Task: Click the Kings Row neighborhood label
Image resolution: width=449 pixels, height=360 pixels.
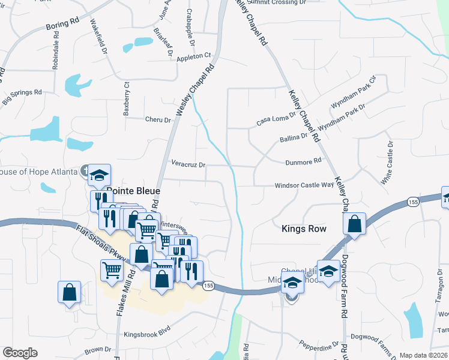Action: tap(304, 229)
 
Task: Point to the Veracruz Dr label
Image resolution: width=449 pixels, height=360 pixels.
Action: tap(188, 164)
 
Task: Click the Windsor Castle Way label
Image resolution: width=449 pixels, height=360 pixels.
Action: tap(304, 185)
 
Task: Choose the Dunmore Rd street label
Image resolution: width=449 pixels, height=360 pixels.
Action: tap(304, 161)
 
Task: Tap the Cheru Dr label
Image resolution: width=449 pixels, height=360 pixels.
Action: tap(158, 119)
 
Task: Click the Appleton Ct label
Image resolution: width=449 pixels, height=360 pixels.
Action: tap(194, 57)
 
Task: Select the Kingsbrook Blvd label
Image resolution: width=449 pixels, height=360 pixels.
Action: tap(147, 328)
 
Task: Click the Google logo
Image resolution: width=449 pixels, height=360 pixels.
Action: tap(20, 353)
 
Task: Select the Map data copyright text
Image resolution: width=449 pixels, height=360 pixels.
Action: tap(423, 355)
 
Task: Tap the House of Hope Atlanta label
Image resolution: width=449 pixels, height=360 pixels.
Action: tap(38, 172)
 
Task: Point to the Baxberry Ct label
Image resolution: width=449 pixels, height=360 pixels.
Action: tap(127, 99)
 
